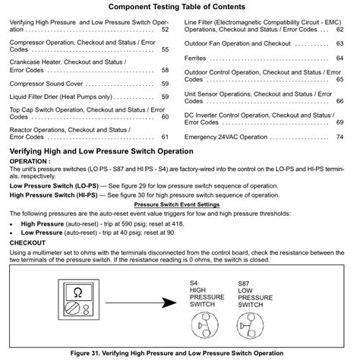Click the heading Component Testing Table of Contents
click(x=179, y=7)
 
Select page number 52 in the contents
click(x=165, y=30)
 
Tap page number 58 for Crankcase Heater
click(x=165, y=69)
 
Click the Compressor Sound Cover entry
click(x=47, y=83)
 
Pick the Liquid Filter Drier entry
click(x=60, y=97)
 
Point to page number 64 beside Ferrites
click(x=340, y=58)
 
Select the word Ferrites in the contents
click(x=197, y=58)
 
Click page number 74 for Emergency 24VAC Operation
click(x=340, y=137)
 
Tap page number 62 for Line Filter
click(x=340, y=30)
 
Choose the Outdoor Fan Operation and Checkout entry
click(x=238, y=44)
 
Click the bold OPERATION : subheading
click(x=30, y=162)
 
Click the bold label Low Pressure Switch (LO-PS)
click(x=53, y=185)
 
